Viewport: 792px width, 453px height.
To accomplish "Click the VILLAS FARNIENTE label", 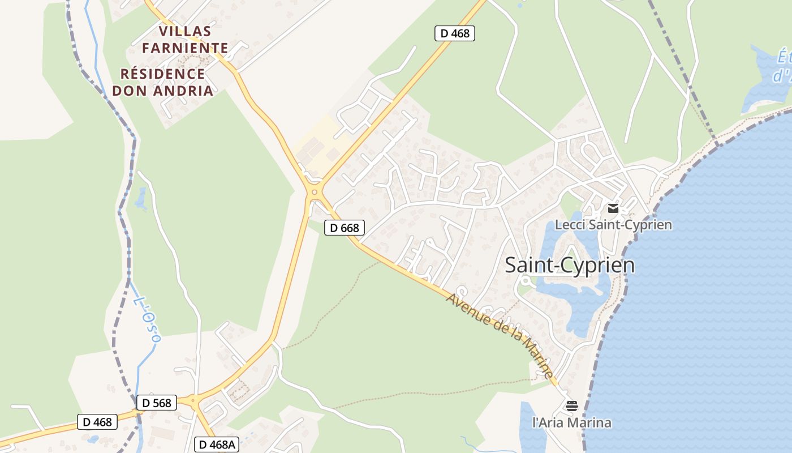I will (185, 39).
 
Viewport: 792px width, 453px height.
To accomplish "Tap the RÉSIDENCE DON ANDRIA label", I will (163, 82).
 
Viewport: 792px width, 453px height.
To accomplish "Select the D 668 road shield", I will (344, 228).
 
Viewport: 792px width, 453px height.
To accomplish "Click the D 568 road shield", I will (157, 403).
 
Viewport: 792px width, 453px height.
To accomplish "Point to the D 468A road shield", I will (217, 445).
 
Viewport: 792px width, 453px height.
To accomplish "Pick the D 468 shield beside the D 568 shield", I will (97, 422).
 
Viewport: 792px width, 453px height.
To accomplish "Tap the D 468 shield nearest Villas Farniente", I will (454, 33).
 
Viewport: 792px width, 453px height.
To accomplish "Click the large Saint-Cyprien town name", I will (569, 265).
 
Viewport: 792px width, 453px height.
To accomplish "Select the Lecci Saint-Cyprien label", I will (613, 225).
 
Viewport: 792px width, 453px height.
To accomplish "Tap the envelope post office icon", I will (613, 208).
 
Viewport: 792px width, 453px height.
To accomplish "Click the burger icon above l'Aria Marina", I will (571, 405).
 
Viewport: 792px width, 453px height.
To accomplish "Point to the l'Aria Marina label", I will (571, 422).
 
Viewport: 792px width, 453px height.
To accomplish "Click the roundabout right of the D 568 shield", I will (194, 401).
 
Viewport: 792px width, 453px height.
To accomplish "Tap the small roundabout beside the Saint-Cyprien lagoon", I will (526, 279).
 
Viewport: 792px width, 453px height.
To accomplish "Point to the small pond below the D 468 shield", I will (93, 439).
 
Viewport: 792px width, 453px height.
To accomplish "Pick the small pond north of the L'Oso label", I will (140, 199).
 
